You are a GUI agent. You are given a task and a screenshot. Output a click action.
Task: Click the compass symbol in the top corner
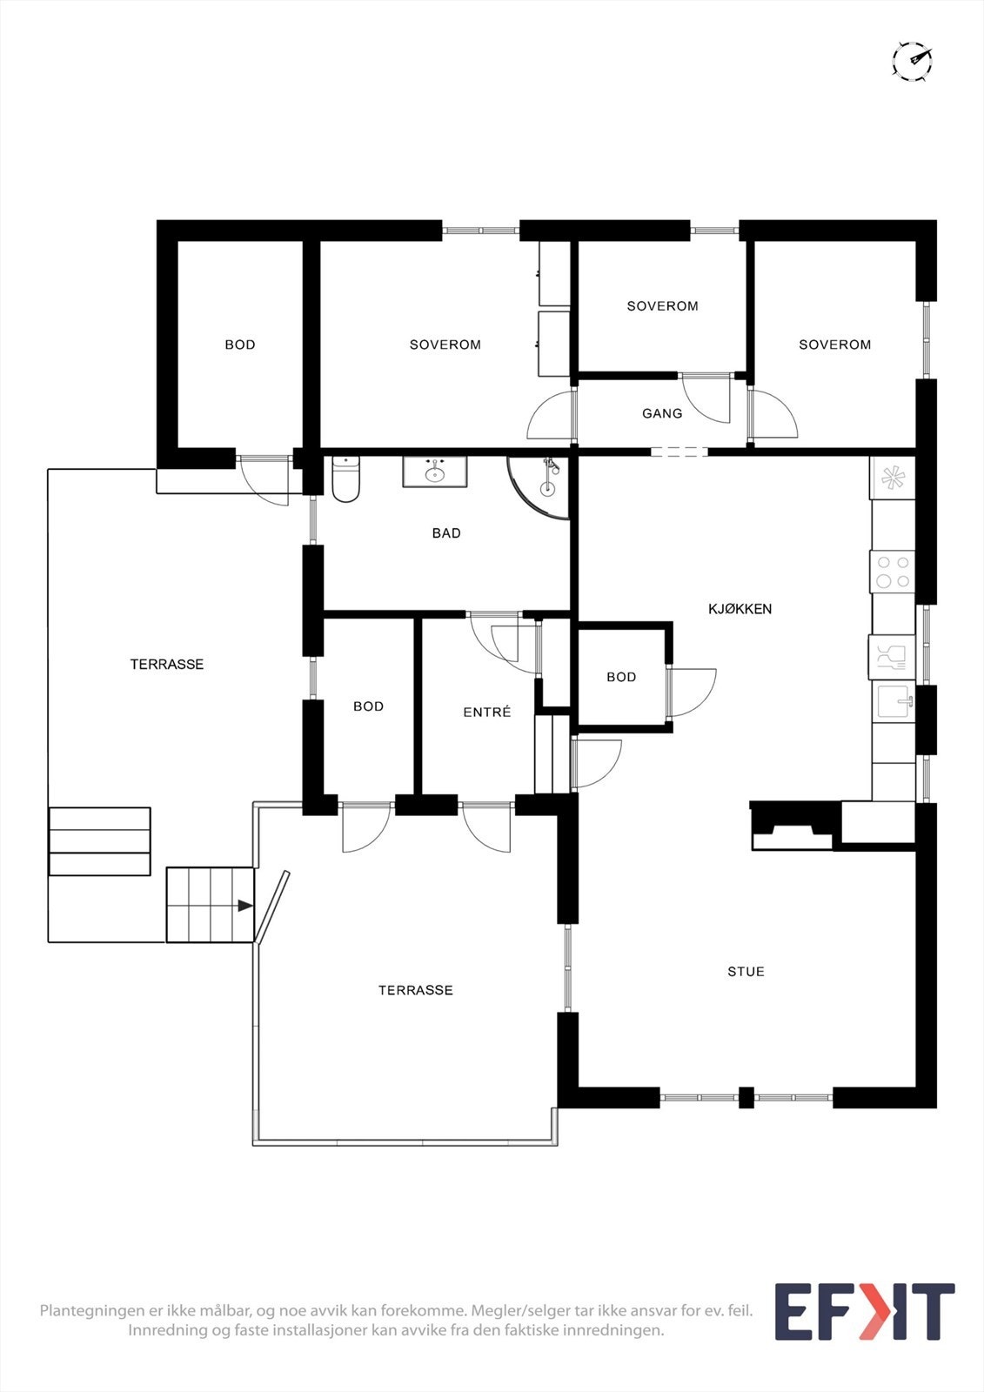912,61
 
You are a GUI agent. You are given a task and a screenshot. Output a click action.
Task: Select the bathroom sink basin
434,472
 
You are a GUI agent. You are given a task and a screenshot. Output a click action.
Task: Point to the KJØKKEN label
740,609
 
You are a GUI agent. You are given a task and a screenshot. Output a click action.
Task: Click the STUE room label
746,972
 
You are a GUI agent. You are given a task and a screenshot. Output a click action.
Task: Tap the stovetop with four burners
893,572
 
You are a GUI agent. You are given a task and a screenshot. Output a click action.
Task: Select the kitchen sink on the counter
893,701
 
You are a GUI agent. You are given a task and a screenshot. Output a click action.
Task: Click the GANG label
662,413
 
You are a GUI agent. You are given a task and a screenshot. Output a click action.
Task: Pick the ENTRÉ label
486,712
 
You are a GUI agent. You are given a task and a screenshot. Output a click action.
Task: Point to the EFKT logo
864,1312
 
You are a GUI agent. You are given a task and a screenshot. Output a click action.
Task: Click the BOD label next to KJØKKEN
621,677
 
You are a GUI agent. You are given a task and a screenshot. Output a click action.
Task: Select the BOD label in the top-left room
240,345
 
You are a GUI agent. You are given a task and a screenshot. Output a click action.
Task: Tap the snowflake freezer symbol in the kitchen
893,478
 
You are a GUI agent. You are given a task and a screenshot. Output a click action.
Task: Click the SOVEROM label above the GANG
662,306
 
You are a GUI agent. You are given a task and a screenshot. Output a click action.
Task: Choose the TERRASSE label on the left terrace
167,664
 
